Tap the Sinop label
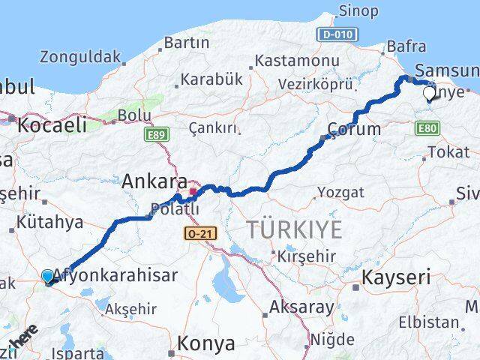coord(358,10)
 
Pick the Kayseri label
coord(396,277)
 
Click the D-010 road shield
coord(333,34)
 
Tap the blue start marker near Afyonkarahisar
coord(48,277)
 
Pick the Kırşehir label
coord(305,255)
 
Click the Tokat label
coord(448,152)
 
